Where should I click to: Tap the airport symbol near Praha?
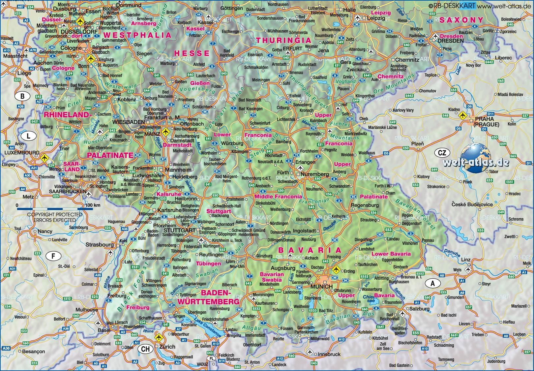tap(462, 115)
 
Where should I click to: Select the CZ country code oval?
tap(442, 153)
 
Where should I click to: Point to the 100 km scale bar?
tap(55, 208)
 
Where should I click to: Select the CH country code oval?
tap(145, 349)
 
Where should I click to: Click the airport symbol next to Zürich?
tap(159, 337)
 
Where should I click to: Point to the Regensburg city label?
tap(365, 205)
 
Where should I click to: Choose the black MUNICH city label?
tap(321, 287)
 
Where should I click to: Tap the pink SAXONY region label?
tap(461, 20)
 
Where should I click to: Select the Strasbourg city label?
tap(100, 245)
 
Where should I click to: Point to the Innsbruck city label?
tap(329, 354)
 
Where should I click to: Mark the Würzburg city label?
tap(232, 143)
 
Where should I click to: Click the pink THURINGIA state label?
tap(284, 40)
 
